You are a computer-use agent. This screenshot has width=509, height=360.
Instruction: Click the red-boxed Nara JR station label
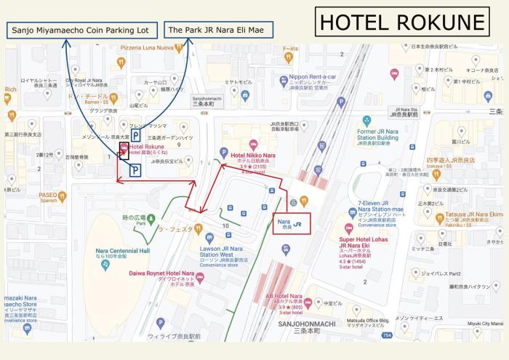pos(292,223)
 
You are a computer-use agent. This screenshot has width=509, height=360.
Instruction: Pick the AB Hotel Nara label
pos(284,297)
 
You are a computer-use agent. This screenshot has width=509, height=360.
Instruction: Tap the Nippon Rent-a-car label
pos(313,77)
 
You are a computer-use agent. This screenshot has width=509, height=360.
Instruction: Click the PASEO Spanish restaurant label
pos(48,196)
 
